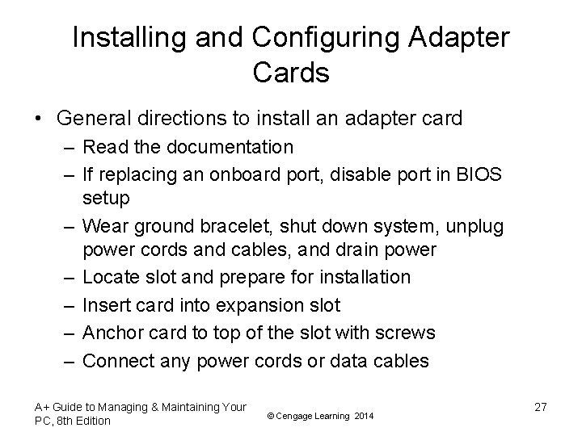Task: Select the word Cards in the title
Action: [x=291, y=73]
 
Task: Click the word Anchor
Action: [x=112, y=333]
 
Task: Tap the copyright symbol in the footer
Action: [x=269, y=415]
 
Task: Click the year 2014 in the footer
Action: [x=365, y=415]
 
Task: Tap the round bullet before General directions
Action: [x=39, y=119]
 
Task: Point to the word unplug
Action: [x=475, y=226]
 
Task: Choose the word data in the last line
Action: [x=343, y=361]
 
